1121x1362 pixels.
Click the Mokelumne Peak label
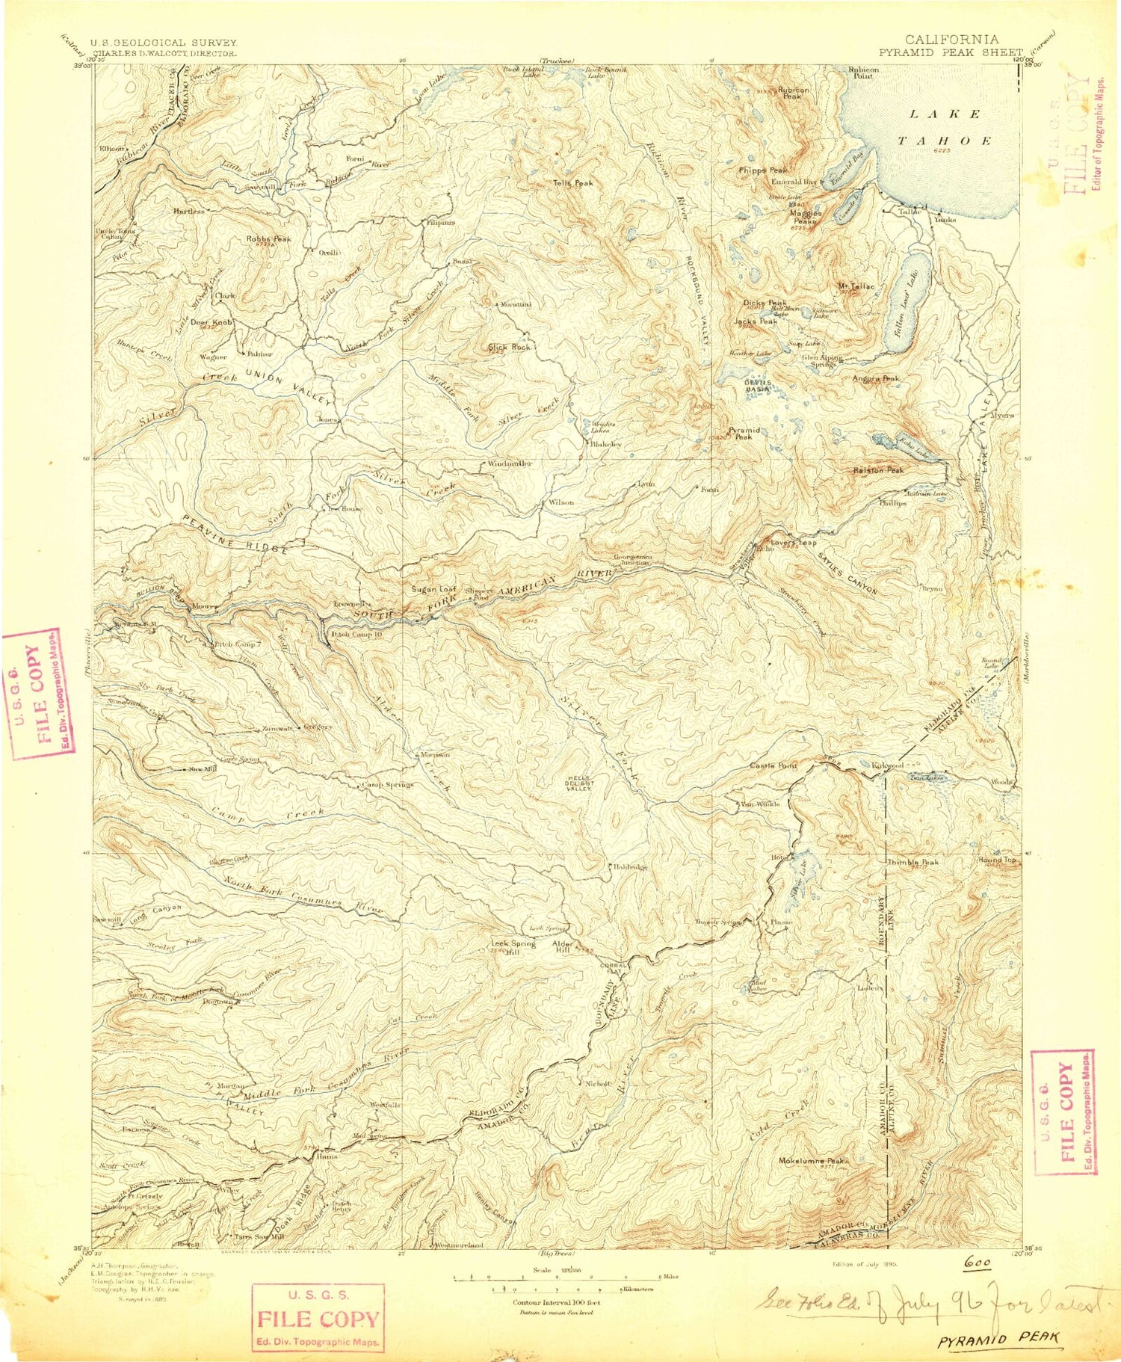click(812, 1161)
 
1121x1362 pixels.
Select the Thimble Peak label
click(912, 862)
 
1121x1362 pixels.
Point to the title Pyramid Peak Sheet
click(950, 52)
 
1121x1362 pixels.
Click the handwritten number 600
click(977, 1263)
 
